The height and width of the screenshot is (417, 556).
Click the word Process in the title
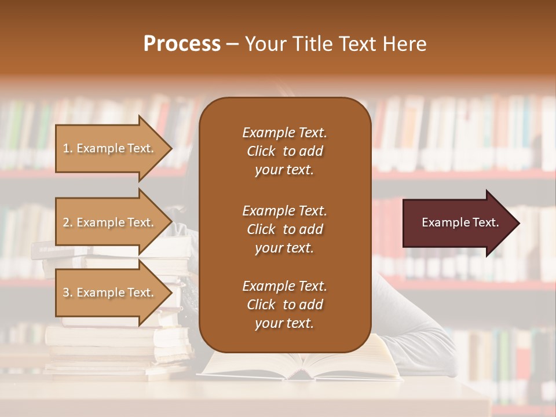point(182,44)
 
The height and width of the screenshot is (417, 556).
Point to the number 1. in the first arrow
point(68,148)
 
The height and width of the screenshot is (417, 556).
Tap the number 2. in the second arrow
point(68,222)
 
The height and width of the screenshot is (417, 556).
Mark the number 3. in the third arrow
point(68,292)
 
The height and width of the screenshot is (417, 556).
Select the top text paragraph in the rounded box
point(284,151)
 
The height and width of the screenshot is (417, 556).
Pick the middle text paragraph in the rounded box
point(284,229)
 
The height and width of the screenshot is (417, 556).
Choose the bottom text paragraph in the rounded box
point(284,305)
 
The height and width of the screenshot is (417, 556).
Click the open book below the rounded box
point(301,365)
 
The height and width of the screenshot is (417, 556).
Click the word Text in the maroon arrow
point(486,222)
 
